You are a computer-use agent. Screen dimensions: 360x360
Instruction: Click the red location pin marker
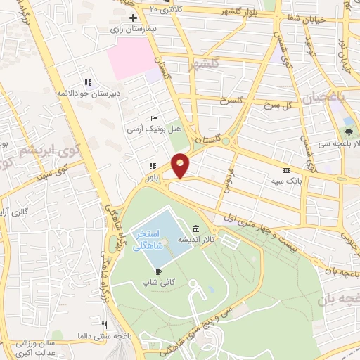point(181,165)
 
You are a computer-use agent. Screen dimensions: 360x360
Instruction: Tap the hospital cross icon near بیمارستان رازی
point(133,17)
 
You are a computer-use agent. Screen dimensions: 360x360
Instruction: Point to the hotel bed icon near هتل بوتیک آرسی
point(155,118)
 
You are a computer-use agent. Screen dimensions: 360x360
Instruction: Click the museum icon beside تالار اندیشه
point(195,229)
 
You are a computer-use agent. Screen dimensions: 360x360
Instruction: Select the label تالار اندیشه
point(195,240)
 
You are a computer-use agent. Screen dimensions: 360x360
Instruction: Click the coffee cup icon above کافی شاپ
point(159,271)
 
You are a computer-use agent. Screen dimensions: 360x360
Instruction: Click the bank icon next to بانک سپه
point(286,170)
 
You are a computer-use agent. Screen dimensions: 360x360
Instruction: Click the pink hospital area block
point(134,56)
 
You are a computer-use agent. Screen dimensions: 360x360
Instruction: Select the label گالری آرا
point(14,212)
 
